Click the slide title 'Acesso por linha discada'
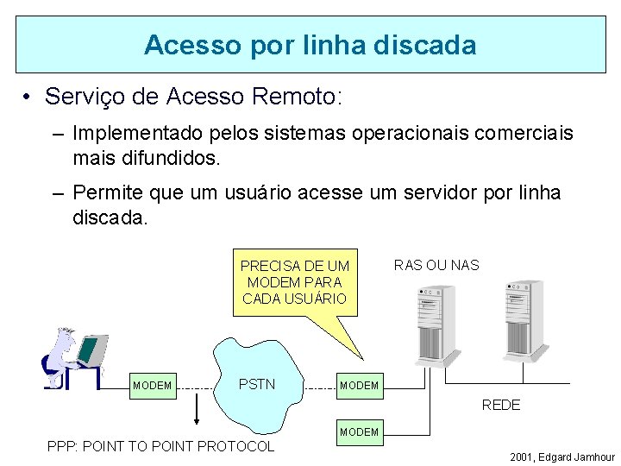[310, 45]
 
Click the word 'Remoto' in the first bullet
[292, 96]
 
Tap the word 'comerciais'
[525, 135]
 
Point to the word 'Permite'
[109, 193]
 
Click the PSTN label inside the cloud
[256, 384]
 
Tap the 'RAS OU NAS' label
[436, 265]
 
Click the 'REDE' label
[500, 405]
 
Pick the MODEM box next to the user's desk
[153, 385]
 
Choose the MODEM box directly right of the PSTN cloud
[359, 385]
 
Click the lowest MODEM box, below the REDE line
[359, 431]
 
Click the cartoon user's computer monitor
[90, 349]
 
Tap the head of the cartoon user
[64, 337]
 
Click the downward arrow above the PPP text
[198, 409]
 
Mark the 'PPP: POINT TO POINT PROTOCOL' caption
[161, 446]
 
